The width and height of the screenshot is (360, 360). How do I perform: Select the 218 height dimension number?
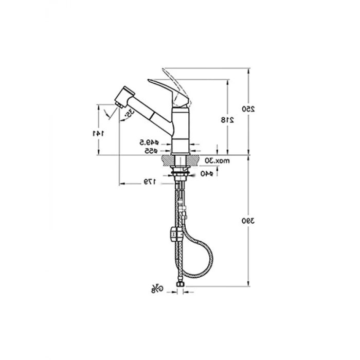point(228,120)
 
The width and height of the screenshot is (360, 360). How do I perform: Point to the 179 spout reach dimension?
point(149,182)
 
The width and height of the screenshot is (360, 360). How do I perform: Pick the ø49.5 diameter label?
point(150,142)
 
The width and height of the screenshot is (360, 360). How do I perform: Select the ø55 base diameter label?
point(150,150)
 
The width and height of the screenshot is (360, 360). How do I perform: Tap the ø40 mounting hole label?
point(207,173)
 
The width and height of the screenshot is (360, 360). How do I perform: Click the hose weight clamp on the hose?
point(174,235)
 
